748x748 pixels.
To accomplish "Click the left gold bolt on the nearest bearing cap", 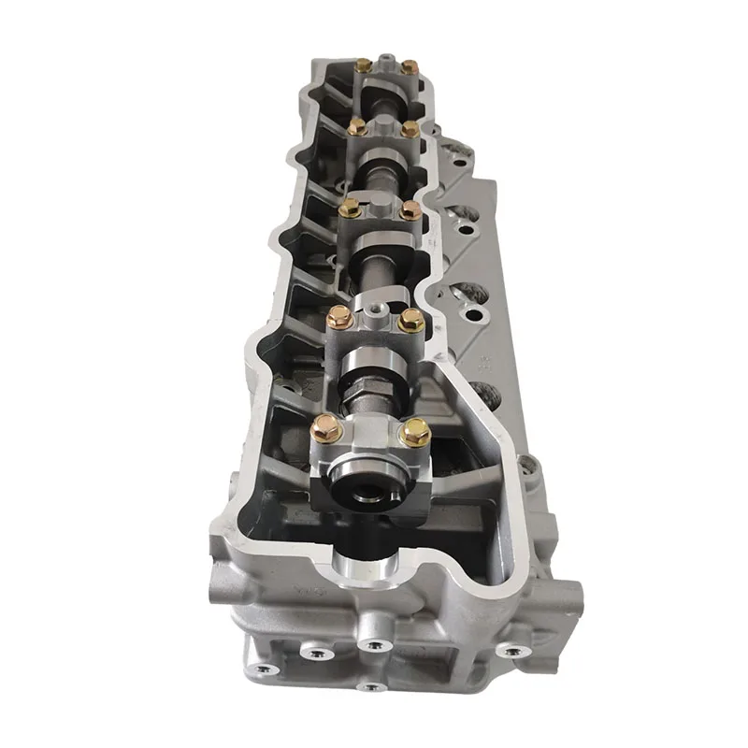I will point(324,430).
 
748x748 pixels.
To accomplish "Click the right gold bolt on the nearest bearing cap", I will point(414,431).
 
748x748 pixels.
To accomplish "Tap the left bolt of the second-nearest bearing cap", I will point(340,318).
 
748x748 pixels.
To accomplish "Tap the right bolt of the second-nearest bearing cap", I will point(410,321).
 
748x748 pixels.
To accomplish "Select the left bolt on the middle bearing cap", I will point(349,208).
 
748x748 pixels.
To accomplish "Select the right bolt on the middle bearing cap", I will point(410,210).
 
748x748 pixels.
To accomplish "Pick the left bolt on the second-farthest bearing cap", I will point(357,125).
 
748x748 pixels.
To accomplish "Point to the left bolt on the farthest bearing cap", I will point(363,65).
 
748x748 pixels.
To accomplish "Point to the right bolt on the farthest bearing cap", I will point(409,66).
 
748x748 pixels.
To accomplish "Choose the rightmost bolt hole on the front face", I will point(510,650).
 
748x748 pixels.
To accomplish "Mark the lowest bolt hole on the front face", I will point(371,687).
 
